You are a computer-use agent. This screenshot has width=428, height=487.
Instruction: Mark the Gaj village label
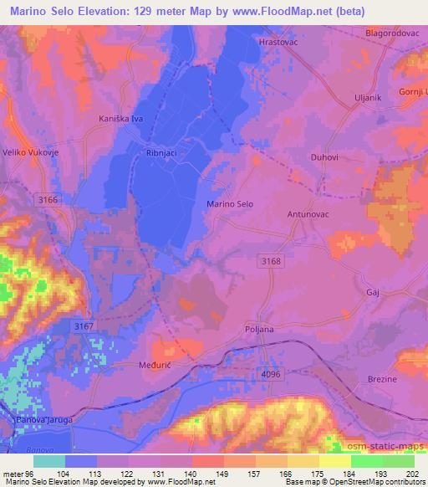374,293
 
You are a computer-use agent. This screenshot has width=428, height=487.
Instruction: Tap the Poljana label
259,330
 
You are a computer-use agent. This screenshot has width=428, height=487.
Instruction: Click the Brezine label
383,379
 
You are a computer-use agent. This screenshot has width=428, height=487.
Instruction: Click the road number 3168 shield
268,262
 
